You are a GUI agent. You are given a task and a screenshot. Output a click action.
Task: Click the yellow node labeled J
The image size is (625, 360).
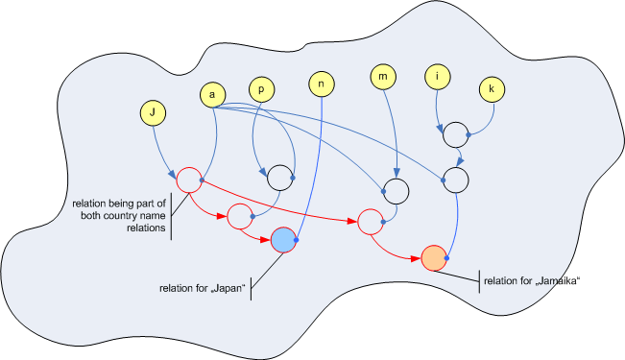pos(153,113)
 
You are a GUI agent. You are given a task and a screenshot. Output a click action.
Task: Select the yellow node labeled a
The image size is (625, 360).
pos(212,95)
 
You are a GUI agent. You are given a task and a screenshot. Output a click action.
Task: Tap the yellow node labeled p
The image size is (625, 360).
pos(261,89)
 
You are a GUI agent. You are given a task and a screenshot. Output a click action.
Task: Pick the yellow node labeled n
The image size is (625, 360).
pos(322,84)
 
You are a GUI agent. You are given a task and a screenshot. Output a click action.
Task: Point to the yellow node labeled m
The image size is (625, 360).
pos(383,76)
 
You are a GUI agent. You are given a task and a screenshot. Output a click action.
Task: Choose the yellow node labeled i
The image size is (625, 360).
pos(437,76)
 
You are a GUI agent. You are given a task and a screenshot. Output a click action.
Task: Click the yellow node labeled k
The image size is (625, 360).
pos(492,89)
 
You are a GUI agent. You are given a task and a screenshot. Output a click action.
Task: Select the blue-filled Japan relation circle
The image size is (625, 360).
pos(283,240)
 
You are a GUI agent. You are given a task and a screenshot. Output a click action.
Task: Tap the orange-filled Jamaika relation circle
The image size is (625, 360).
pos(434,258)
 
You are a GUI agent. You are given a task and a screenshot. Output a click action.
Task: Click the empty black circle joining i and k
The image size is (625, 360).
pos(456,135)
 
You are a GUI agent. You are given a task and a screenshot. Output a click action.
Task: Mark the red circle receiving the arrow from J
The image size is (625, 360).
pos(189,180)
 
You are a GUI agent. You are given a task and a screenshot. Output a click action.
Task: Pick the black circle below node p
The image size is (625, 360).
pos(280,178)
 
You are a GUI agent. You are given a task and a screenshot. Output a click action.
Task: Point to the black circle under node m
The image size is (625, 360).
pos(396,191)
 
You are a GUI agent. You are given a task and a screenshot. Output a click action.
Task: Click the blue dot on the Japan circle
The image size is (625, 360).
pos(296,240)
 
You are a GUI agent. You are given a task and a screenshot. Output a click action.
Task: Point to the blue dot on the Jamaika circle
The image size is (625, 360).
pos(446,258)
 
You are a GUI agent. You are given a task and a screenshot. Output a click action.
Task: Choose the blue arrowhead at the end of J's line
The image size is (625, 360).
pos(172,175)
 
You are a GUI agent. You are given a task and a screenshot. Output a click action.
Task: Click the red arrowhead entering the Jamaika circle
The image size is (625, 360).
pos(416,258)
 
